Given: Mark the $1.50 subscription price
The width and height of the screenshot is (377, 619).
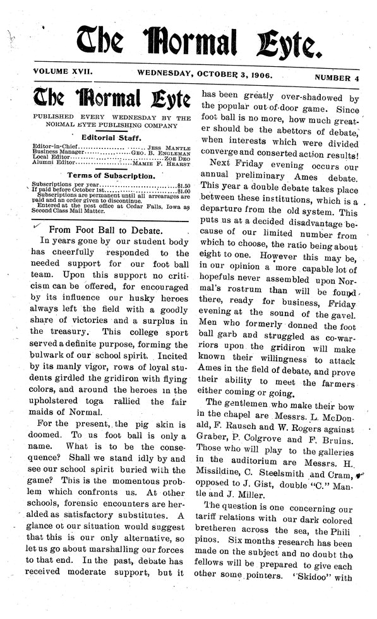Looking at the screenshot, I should [183, 184].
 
